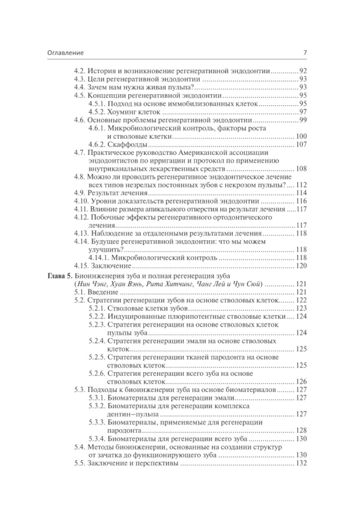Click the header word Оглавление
tap(66, 53)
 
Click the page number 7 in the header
tap(305, 53)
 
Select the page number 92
tap(303, 71)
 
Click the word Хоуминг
tap(122, 112)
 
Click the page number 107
tap(301, 144)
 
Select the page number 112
tap(301, 185)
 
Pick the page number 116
tap(301, 201)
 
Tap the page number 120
tap(301, 266)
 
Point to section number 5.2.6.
tap(96, 373)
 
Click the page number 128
tap(301, 430)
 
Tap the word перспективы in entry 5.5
tap(159, 463)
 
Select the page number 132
tap(301, 463)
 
